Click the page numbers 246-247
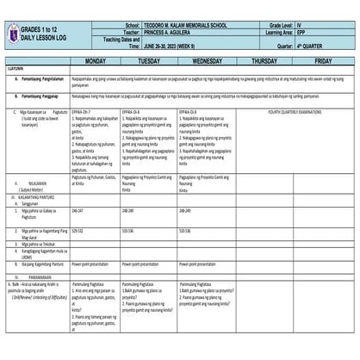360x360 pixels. [78, 210]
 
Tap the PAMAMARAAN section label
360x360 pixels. [35, 277]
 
